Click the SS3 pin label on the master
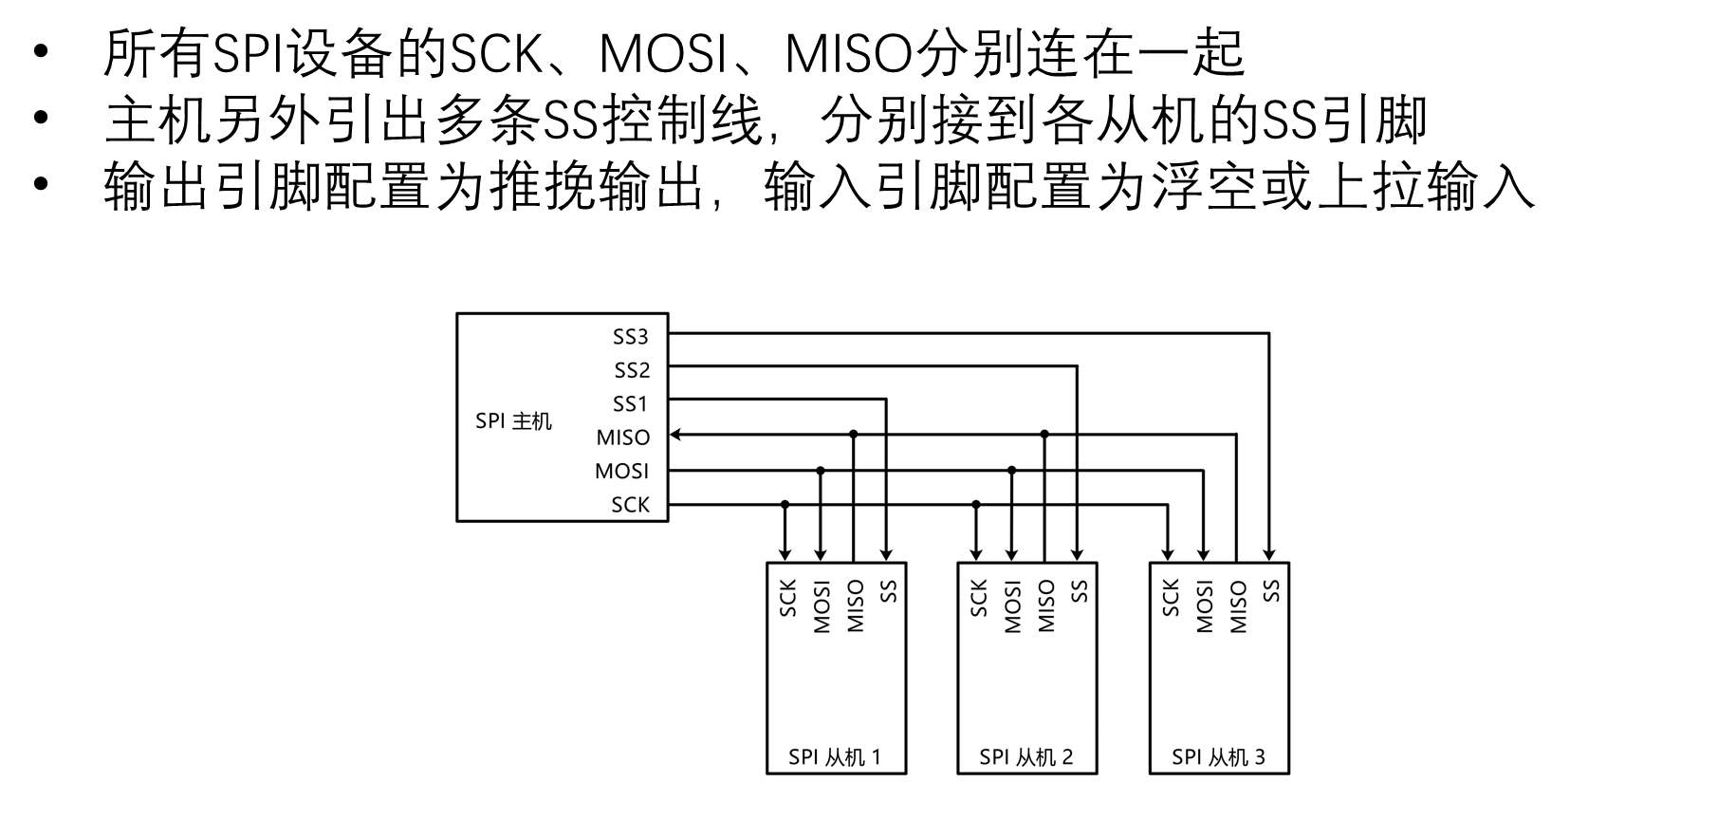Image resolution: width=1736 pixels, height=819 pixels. (x=631, y=337)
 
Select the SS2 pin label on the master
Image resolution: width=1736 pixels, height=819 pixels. (x=632, y=370)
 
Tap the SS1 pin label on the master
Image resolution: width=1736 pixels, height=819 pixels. (x=631, y=404)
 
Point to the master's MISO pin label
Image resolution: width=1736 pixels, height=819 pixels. (x=623, y=437)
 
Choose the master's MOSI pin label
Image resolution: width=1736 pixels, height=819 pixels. (x=622, y=471)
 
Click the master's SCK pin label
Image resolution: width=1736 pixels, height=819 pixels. (x=631, y=505)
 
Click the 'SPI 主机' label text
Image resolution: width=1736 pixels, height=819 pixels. (x=513, y=420)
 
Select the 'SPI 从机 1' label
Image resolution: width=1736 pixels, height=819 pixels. (x=835, y=756)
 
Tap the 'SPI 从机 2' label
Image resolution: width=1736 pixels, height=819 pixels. (x=1026, y=756)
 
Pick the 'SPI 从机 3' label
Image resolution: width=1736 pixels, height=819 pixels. (x=1218, y=756)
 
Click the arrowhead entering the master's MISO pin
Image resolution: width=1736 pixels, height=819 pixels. (x=675, y=435)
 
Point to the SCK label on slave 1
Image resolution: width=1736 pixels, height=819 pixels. (x=787, y=598)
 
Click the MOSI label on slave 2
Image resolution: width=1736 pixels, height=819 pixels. (x=1012, y=606)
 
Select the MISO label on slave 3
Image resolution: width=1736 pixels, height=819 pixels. (x=1238, y=606)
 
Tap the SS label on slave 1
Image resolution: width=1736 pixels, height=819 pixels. (x=889, y=591)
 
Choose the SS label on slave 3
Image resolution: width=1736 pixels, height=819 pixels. (x=1272, y=591)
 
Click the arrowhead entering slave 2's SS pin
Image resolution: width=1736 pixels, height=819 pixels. (x=1077, y=554)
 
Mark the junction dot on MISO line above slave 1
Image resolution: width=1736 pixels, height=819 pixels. (x=854, y=434)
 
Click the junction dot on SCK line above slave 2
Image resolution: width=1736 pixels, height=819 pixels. (x=976, y=504)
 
